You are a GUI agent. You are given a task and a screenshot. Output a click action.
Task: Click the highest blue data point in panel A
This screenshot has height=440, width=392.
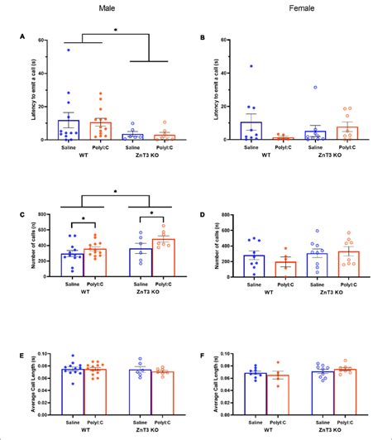69,50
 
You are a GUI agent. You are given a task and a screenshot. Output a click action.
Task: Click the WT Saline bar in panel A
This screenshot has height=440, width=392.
69,129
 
